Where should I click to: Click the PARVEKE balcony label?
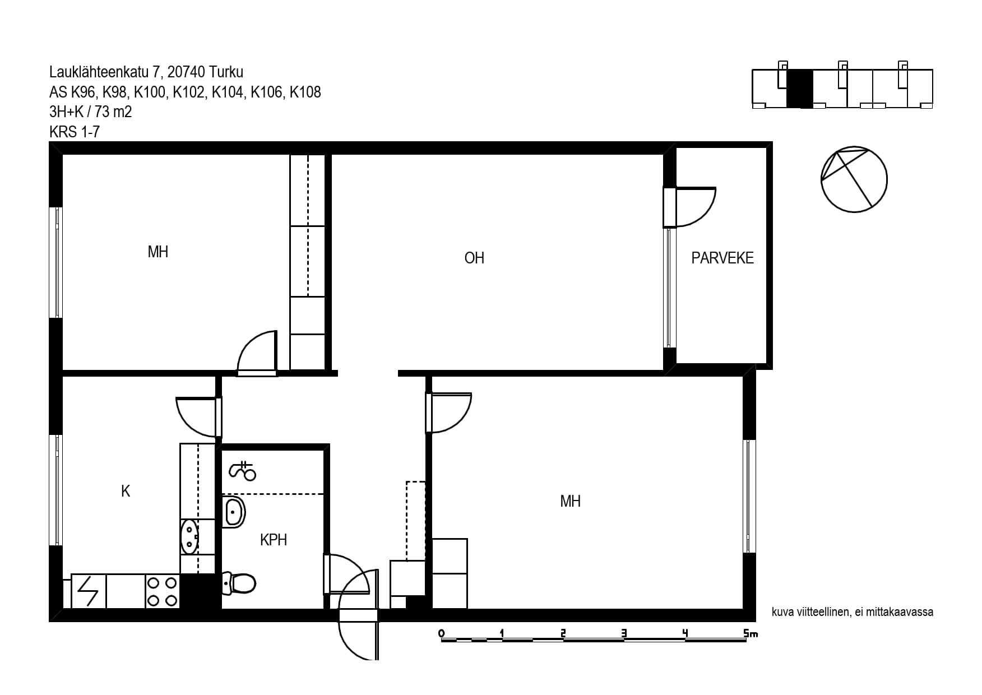722,258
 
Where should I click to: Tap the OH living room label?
474,258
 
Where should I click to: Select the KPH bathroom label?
274,540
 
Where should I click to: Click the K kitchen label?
126,491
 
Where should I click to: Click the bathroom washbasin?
234,512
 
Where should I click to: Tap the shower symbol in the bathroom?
242,471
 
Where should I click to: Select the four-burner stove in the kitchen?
162,591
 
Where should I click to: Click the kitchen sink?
189,536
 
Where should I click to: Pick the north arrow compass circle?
854,179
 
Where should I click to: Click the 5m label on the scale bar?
751,633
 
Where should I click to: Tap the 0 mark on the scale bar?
442,633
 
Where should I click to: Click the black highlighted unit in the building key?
799,89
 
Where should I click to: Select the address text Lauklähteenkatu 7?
106,72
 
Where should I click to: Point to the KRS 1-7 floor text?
75,132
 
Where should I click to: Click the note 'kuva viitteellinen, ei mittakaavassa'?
853,612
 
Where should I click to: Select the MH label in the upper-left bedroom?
158,252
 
